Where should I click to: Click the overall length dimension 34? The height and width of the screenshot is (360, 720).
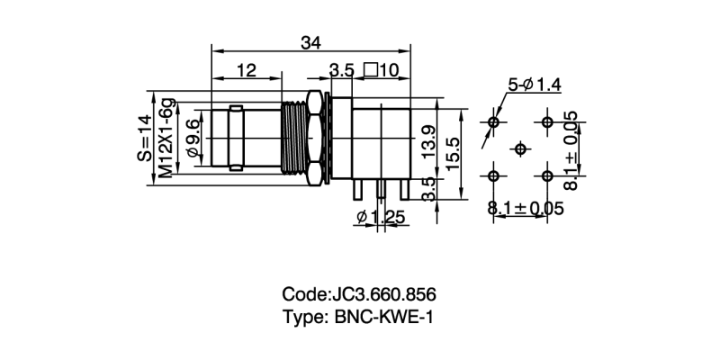tap(311, 41)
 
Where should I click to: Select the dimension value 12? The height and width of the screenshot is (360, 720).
tap(246, 70)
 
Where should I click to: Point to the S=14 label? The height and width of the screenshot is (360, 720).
tap(145, 138)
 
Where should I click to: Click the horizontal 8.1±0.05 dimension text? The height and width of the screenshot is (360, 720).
tap(526, 209)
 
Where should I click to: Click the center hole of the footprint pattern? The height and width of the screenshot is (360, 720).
tap(520, 148)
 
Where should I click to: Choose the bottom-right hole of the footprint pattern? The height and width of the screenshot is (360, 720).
tap(547, 175)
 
